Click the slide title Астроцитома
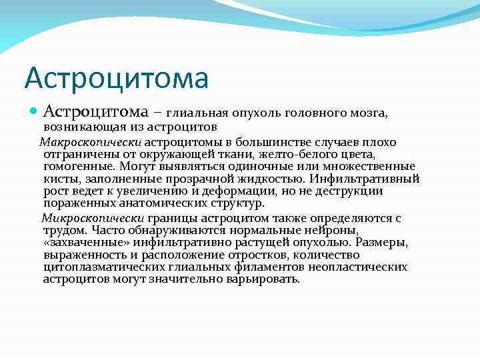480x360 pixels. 116,77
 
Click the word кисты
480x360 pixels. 58,179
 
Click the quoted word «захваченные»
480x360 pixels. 83,242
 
